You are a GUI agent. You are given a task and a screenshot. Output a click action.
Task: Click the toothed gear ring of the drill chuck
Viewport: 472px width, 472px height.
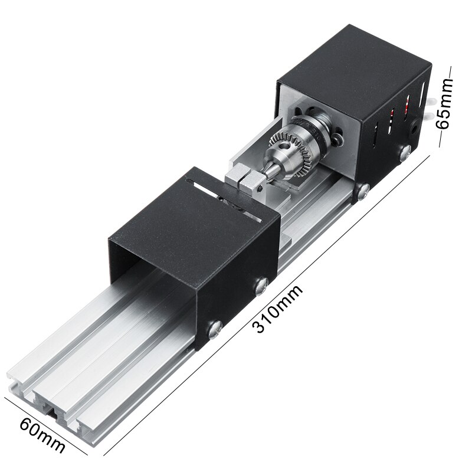[x=289, y=148]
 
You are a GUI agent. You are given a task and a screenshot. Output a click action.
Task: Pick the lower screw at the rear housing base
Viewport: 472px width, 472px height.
[x=363, y=190]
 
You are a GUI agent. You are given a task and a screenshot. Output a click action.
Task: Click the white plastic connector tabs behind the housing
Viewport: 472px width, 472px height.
[x=434, y=103]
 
